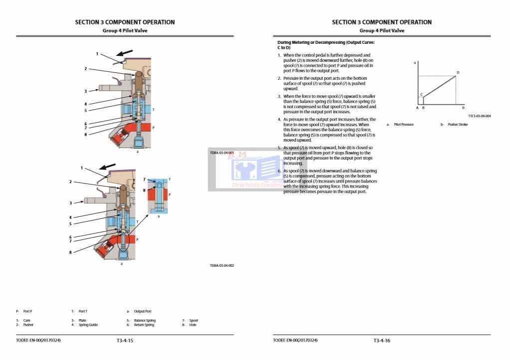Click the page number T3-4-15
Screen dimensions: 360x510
(x=125, y=341)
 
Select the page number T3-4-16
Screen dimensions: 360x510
(x=382, y=341)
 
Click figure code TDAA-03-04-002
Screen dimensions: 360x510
(x=222, y=266)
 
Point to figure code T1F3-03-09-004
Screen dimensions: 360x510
(x=480, y=116)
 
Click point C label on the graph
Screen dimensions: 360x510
(x=422, y=94)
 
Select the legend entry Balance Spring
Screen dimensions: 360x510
(x=145, y=321)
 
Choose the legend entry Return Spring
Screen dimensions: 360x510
(x=144, y=325)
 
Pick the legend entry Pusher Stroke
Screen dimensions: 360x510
(x=458, y=125)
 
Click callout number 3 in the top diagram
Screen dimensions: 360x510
(x=85, y=91)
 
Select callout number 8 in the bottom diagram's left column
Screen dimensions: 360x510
(x=70, y=252)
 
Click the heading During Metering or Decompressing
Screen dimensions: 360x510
(x=325, y=45)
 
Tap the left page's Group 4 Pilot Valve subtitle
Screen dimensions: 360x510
(x=125, y=30)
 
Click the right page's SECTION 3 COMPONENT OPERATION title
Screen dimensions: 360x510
(x=382, y=22)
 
